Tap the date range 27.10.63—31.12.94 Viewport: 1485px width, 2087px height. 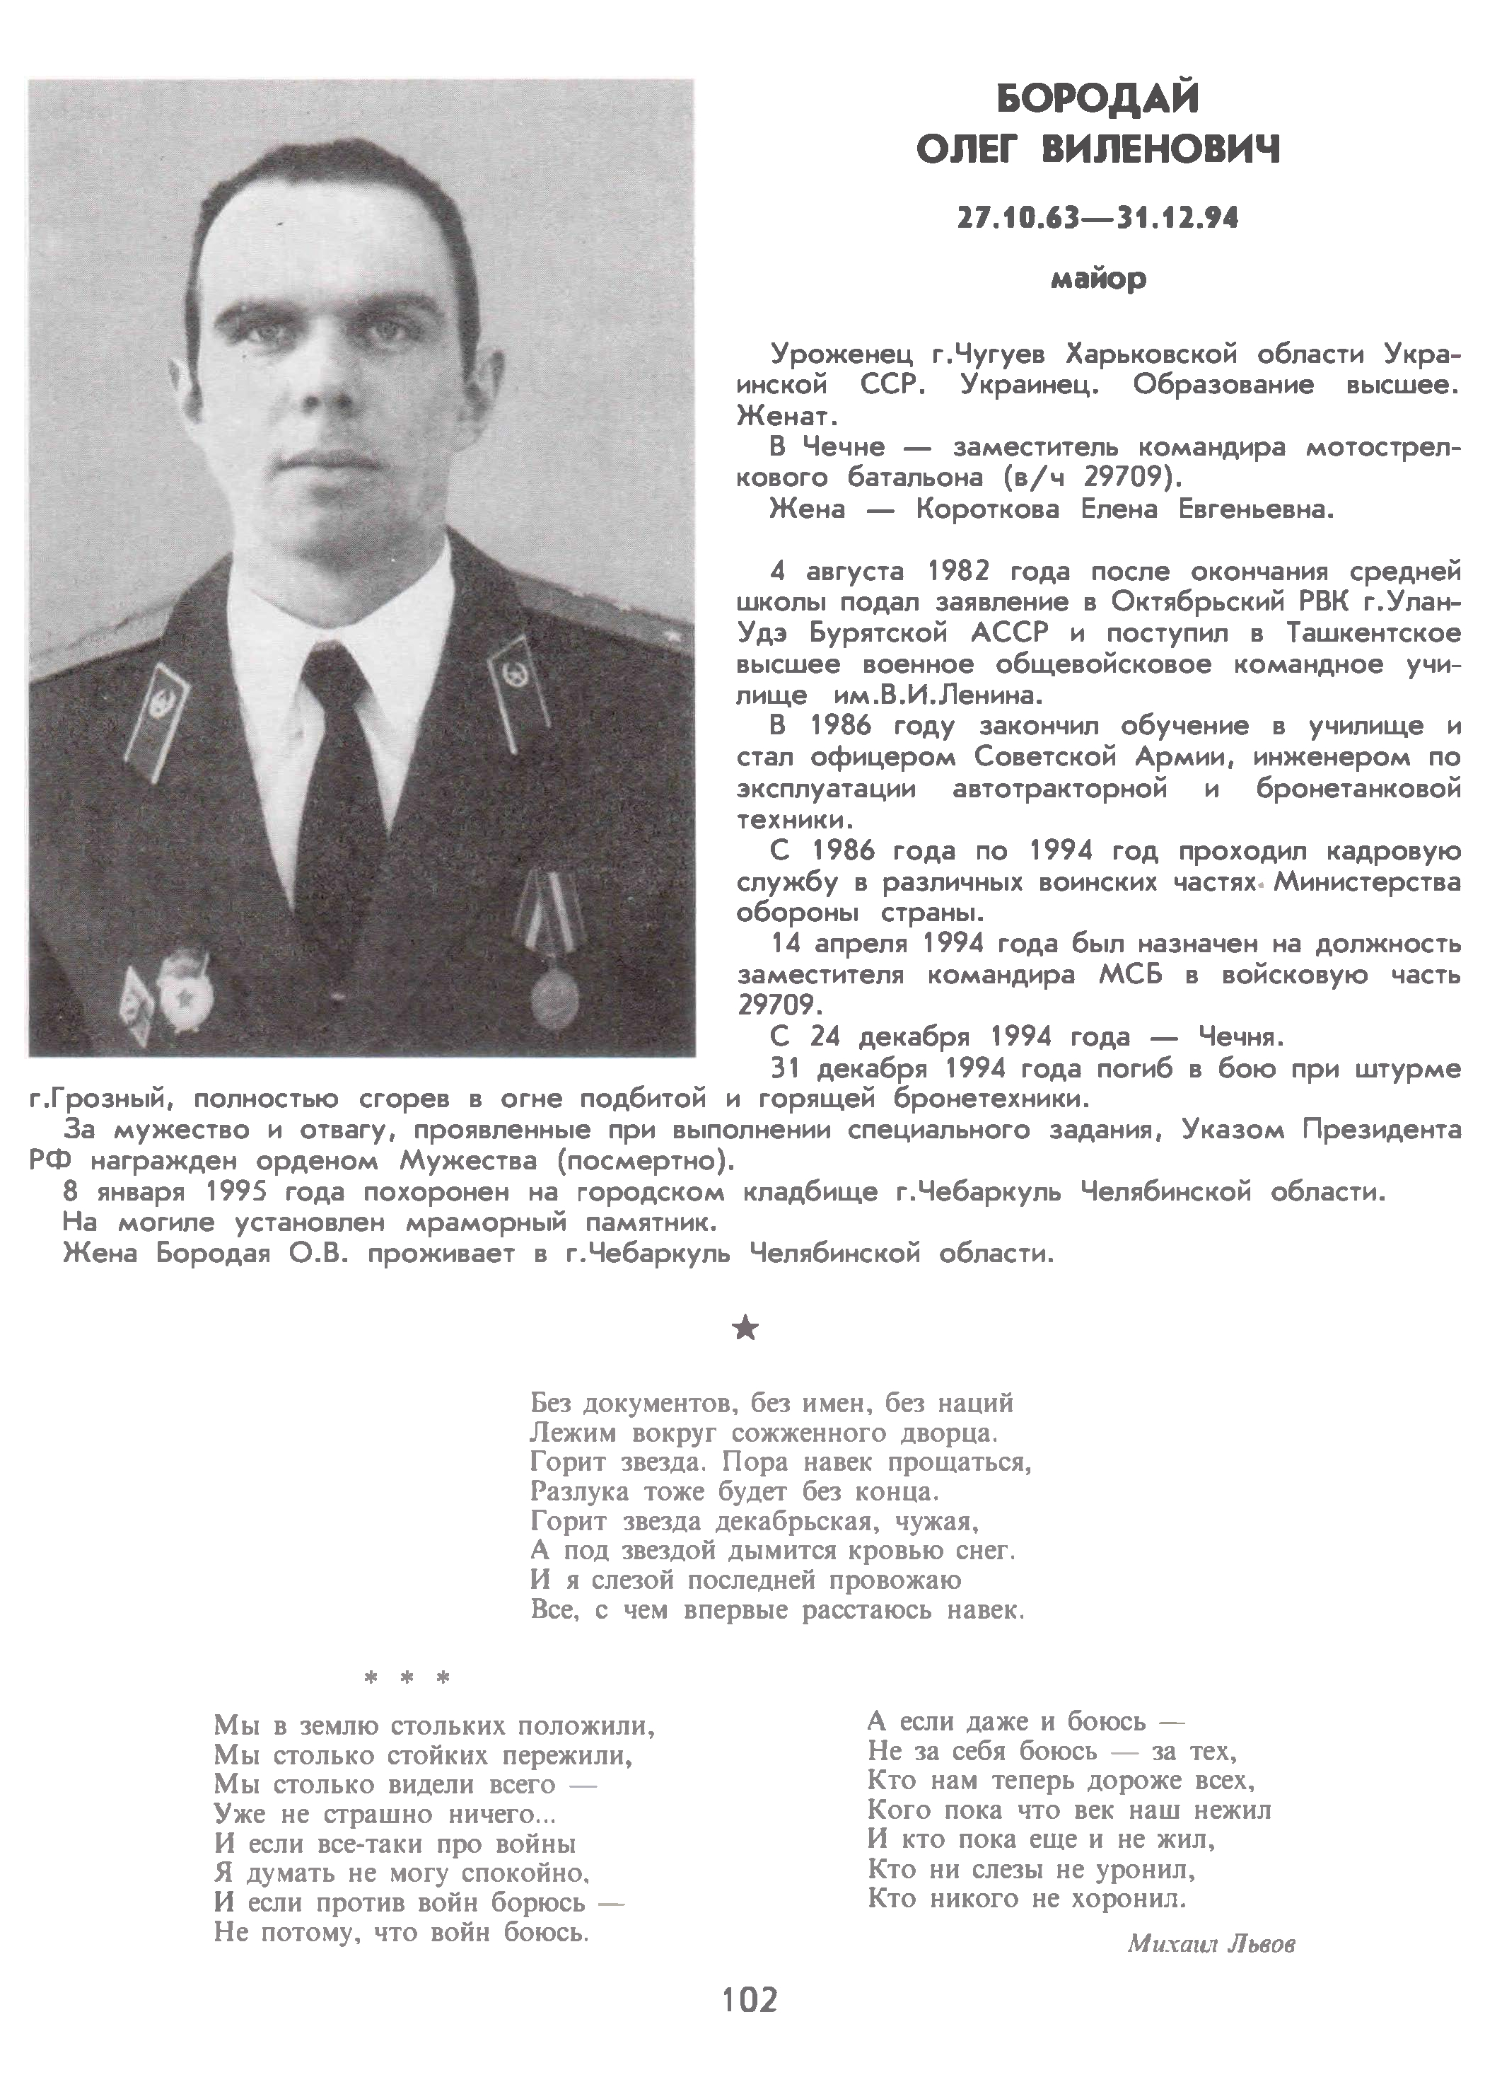(1097, 219)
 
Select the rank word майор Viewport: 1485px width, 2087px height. (1098, 278)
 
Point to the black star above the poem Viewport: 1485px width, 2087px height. (746, 1328)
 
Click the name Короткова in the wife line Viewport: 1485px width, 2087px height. (988, 509)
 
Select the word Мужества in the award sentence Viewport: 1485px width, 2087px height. (469, 1162)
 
